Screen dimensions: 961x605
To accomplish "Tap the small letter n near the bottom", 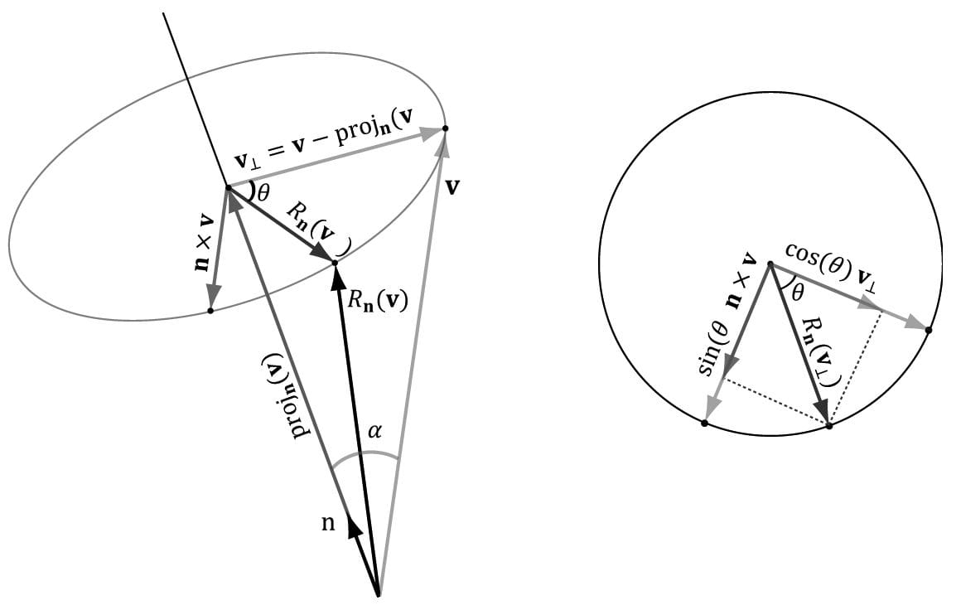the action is [x=329, y=524].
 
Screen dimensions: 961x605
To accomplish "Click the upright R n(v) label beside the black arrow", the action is [x=376, y=299].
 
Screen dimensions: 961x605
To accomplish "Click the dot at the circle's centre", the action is [x=770, y=264].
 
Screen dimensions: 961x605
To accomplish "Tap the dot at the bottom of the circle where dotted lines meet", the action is [x=828, y=426].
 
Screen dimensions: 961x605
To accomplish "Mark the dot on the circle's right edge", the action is [x=928, y=330].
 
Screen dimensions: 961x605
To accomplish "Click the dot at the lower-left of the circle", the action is [x=704, y=423].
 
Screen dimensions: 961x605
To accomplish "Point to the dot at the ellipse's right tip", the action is [x=446, y=128].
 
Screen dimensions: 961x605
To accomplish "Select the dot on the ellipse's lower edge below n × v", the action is [x=210, y=311].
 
